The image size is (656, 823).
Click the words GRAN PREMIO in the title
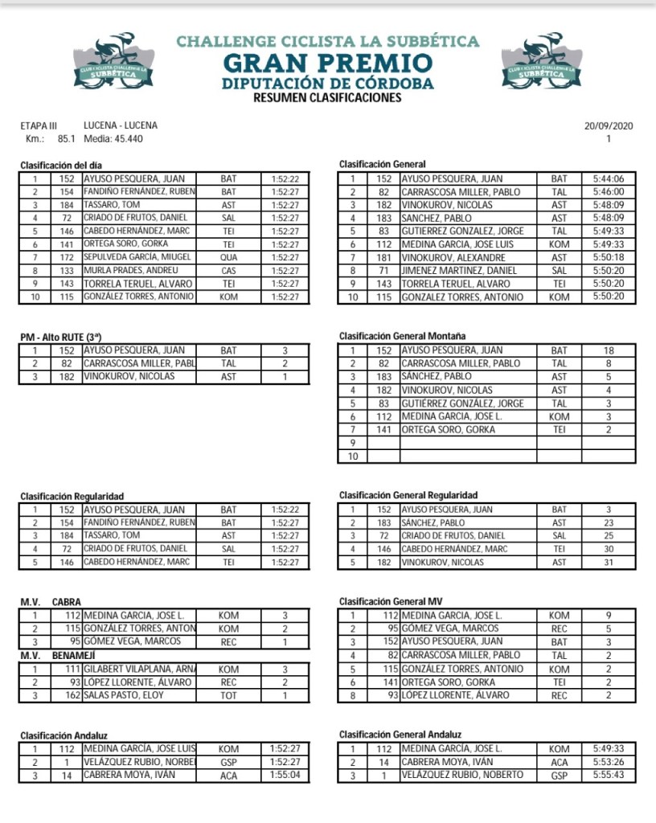[327, 63]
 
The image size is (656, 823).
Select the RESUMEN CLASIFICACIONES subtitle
[327, 98]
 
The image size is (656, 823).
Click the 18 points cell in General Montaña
[608, 350]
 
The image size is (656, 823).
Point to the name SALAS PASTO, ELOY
[124, 695]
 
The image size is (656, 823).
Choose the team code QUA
[228, 257]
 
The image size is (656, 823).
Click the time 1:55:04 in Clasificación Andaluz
[285, 776]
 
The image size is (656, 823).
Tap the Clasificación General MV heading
[391, 601]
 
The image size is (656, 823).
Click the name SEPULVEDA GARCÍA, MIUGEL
[137, 257]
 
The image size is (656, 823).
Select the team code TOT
[228, 695]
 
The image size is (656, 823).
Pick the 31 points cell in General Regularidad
[608, 563]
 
